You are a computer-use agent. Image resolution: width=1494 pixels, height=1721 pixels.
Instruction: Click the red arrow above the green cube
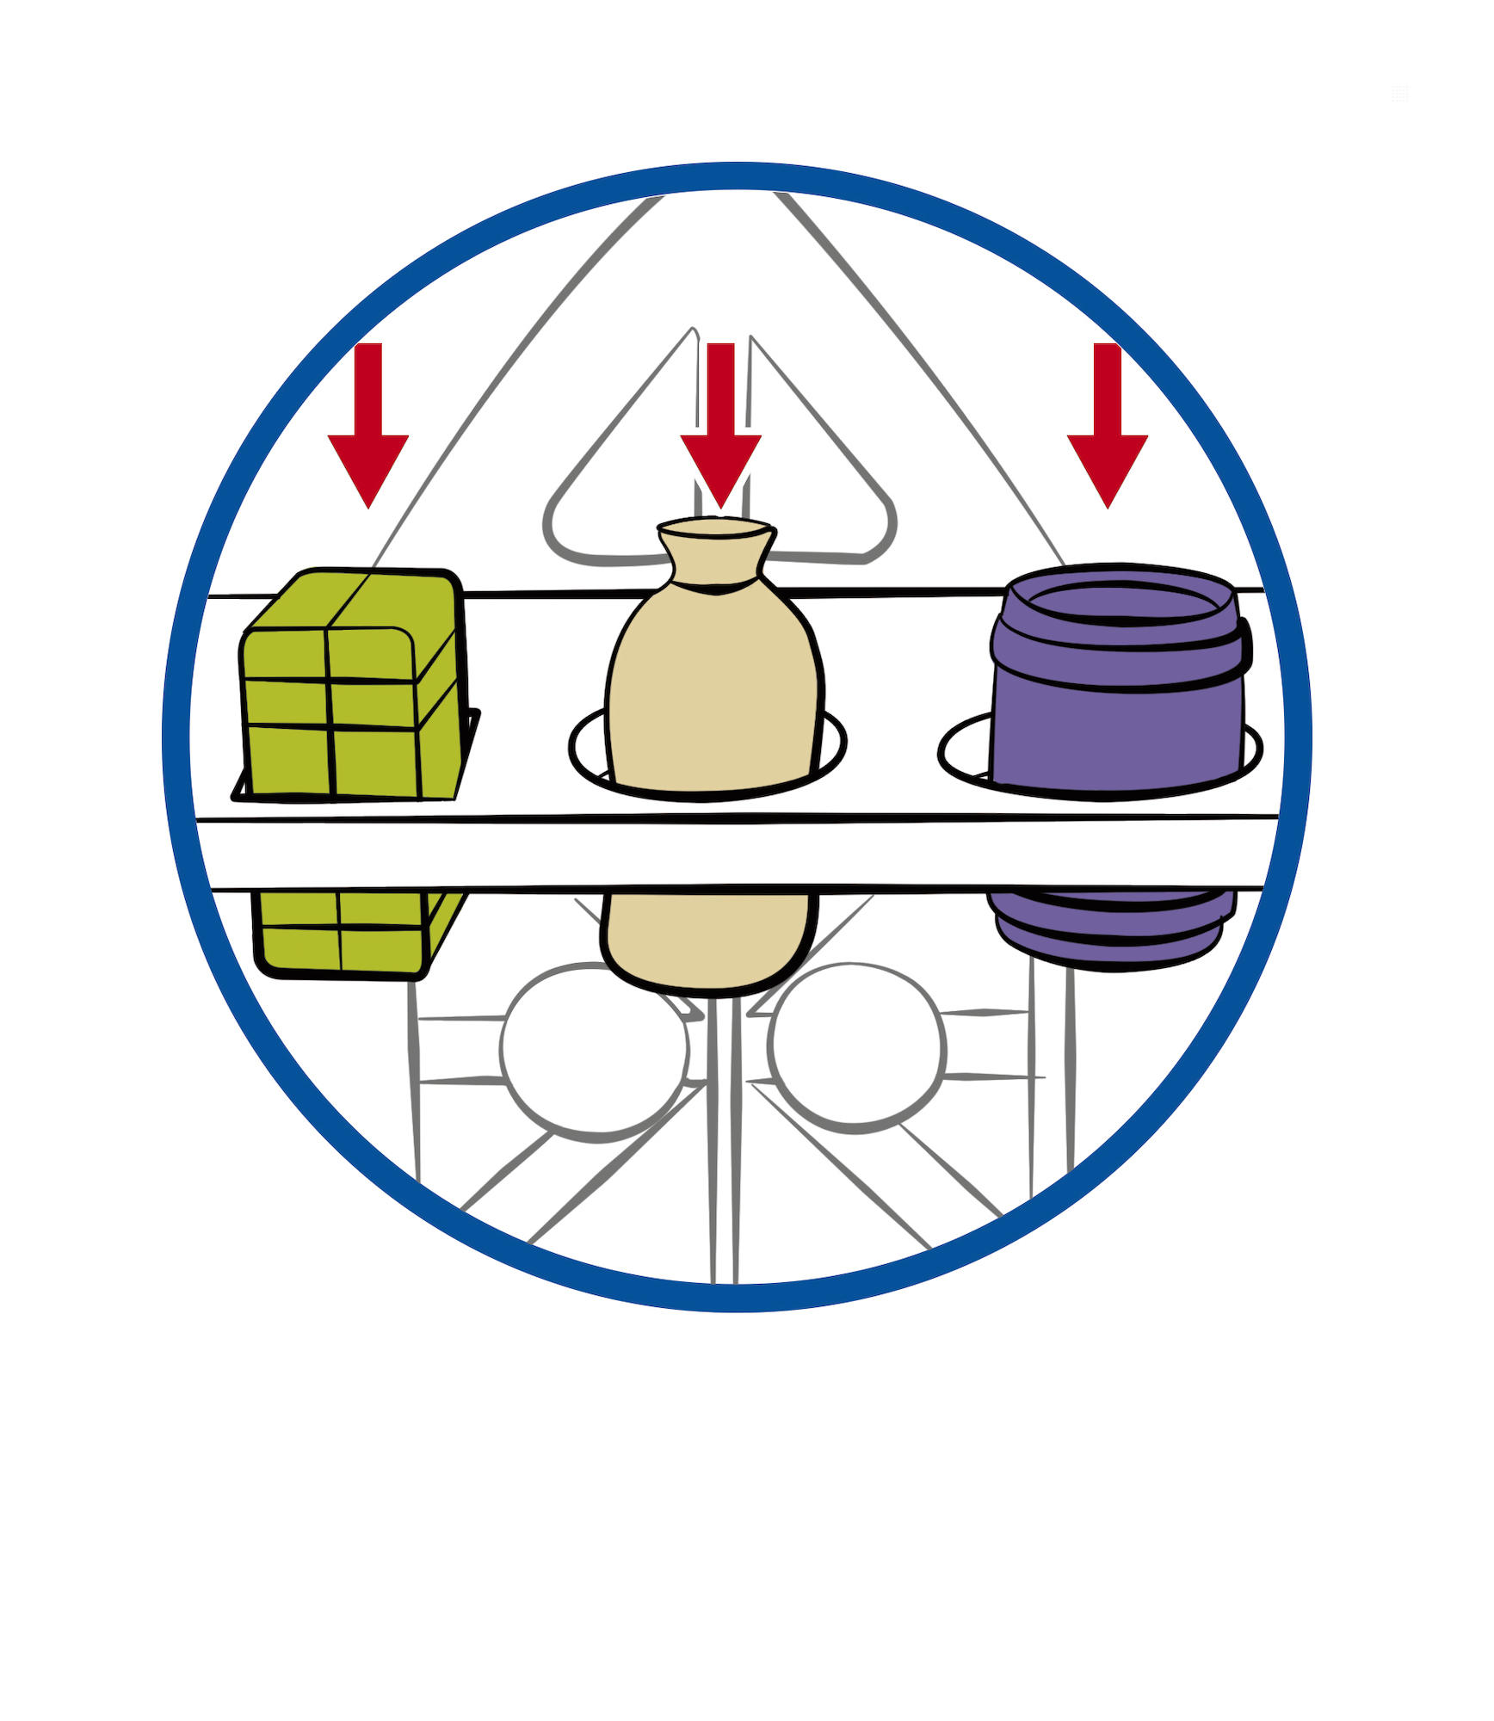368,430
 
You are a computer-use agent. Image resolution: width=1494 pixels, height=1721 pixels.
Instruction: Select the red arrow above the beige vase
721,430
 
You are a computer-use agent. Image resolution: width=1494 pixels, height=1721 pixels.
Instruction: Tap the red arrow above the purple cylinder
1108,430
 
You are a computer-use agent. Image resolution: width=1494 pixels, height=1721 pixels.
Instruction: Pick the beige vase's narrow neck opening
714,527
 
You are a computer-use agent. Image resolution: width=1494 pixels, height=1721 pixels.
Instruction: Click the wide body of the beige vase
714,688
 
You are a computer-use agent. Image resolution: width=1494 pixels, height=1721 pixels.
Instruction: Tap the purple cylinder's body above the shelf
1119,731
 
